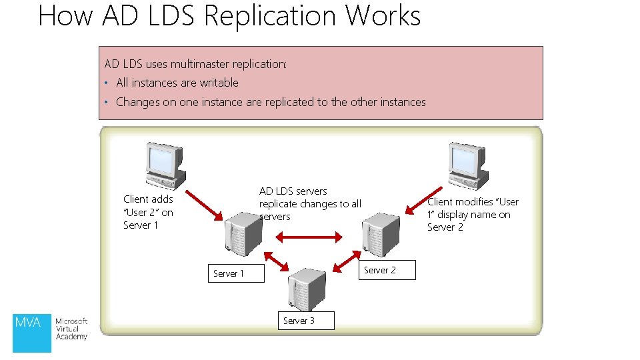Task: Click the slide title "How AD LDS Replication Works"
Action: tap(229, 15)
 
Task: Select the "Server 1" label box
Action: tap(229, 273)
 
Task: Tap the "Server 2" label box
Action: tap(380, 270)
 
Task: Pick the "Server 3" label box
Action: tap(299, 321)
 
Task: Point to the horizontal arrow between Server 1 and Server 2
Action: tap(309, 235)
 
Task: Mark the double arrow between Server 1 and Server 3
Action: tap(276, 261)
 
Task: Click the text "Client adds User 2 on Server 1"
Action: tap(148, 212)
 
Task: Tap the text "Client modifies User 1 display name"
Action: tap(473, 214)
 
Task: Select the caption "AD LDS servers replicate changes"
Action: tap(309, 203)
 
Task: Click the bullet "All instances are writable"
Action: tap(177, 83)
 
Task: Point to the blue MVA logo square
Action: tap(32, 332)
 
